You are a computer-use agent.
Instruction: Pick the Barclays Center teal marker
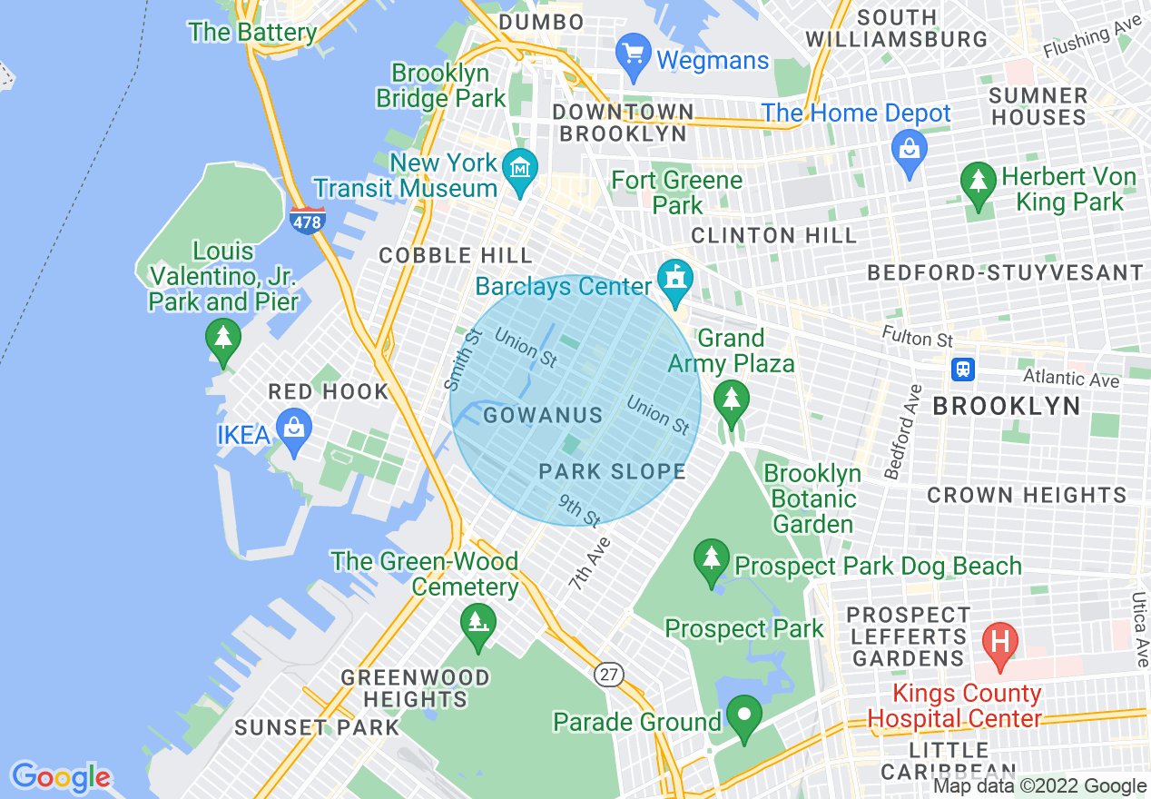pos(674,280)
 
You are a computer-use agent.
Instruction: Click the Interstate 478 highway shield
pos(308,220)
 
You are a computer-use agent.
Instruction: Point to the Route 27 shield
pos(608,674)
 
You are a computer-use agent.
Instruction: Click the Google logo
pos(61,777)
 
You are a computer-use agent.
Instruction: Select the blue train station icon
pos(963,370)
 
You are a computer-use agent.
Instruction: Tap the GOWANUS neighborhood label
pos(543,416)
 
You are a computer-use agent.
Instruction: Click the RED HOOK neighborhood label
pos(329,392)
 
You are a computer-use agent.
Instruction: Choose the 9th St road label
pos(579,511)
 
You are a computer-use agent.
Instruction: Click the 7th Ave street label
pos(591,564)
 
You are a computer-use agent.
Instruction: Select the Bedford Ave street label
pos(904,431)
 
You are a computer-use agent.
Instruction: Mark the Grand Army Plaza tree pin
pos(731,399)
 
